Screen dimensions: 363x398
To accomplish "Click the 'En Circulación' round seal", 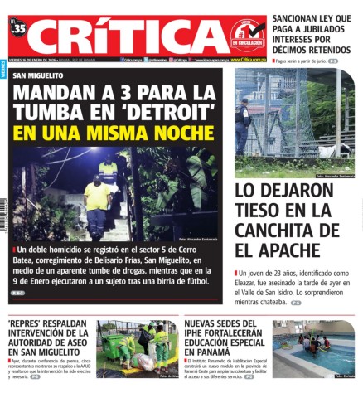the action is click(248, 36).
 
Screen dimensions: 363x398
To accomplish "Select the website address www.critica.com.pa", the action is click(248, 60).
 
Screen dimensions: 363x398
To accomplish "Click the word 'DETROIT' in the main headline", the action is click(162, 112).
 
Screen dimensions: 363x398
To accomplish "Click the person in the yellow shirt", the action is click(97, 203).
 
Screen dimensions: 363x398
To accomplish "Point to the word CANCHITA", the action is click(288, 229).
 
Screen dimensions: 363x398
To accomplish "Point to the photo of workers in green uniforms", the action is click(137, 349).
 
